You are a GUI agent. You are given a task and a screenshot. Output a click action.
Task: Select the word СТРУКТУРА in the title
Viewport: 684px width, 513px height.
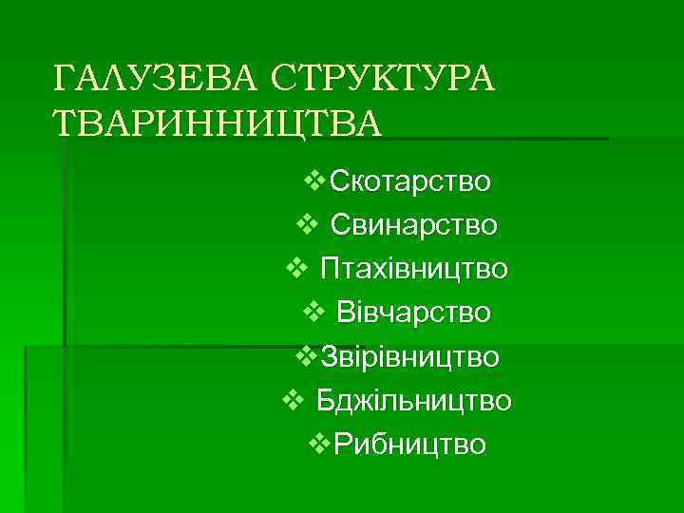pyautogui.click(x=381, y=79)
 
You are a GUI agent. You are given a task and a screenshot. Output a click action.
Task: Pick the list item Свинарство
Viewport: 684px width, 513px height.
pyautogui.click(x=413, y=224)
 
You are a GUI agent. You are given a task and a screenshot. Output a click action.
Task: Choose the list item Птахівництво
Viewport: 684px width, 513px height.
pyautogui.click(x=413, y=269)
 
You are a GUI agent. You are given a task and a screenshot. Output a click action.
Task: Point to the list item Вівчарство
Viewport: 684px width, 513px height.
pyautogui.click(x=413, y=313)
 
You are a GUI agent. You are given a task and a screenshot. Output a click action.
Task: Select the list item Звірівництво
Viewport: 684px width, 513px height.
pyautogui.click(x=410, y=356)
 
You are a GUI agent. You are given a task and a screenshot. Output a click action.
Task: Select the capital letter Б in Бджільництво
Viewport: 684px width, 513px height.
pyautogui.click(x=326, y=400)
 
